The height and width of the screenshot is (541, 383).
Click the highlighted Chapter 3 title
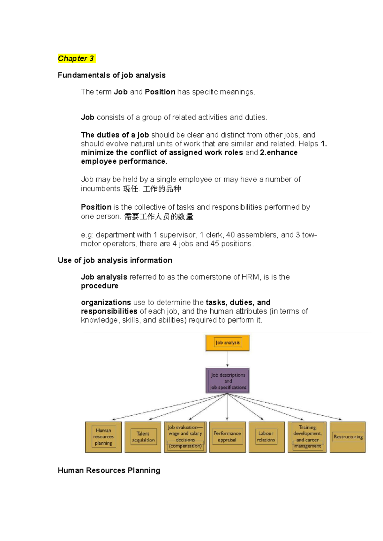pyautogui.click(x=76, y=58)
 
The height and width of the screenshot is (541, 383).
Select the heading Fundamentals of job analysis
pyautogui.click(x=111, y=75)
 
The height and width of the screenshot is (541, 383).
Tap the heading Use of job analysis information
pyautogui.click(x=115, y=260)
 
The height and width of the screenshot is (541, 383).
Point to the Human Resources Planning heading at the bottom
pyautogui.click(x=109, y=470)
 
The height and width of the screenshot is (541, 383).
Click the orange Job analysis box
pyautogui.click(x=227, y=343)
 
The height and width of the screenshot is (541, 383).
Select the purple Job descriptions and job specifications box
pyautogui.click(x=228, y=381)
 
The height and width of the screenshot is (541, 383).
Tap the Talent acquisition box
pyautogui.click(x=143, y=437)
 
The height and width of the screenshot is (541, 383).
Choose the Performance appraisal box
pyautogui.click(x=227, y=437)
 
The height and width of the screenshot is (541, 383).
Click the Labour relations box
pyautogui.click(x=266, y=437)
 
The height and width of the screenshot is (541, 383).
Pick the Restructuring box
pyautogui.click(x=348, y=437)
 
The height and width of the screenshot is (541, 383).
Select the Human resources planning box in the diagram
pyautogui.click(x=103, y=437)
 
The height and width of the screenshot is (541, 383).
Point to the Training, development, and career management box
pyautogui.click(x=307, y=437)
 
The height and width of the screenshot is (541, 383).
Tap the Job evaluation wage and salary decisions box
pyautogui.click(x=185, y=437)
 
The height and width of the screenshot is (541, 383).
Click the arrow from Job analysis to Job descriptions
pyautogui.click(x=227, y=359)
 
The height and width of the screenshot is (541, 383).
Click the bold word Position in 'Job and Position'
pyautogui.click(x=160, y=92)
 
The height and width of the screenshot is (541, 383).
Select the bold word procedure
pyautogui.click(x=100, y=286)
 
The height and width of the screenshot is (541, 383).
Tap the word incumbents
pyautogui.click(x=100, y=189)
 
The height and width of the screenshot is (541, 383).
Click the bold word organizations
pyautogui.click(x=106, y=302)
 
